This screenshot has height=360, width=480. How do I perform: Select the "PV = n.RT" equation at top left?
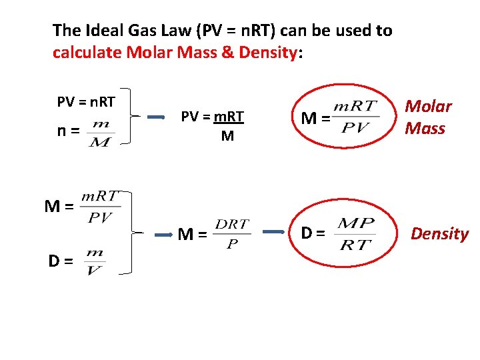pyautogui.click(x=86, y=102)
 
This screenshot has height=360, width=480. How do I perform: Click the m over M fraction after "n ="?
pyautogui.click(x=101, y=133)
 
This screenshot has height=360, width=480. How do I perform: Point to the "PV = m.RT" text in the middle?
pyautogui.click(x=213, y=117)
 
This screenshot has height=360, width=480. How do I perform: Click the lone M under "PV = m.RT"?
pyautogui.click(x=227, y=137)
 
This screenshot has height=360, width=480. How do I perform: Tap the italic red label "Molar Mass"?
pyautogui.click(x=428, y=117)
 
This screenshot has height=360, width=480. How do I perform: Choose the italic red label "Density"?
pyautogui.click(x=439, y=233)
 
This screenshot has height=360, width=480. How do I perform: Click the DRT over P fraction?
pyautogui.click(x=232, y=233)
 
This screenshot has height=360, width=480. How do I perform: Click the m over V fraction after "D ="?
pyautogui.click(x=94, y=261)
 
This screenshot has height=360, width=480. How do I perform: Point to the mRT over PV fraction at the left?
pyautogui.click(x=99, y=207)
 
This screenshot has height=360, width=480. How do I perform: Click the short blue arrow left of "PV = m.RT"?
pyautogui.click(x=156, y=117)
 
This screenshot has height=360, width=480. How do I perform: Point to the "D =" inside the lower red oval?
pyautogui.click(x=314, y=233)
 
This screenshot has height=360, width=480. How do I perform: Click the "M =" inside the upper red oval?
pyautogui.click(x=315, y=119)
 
